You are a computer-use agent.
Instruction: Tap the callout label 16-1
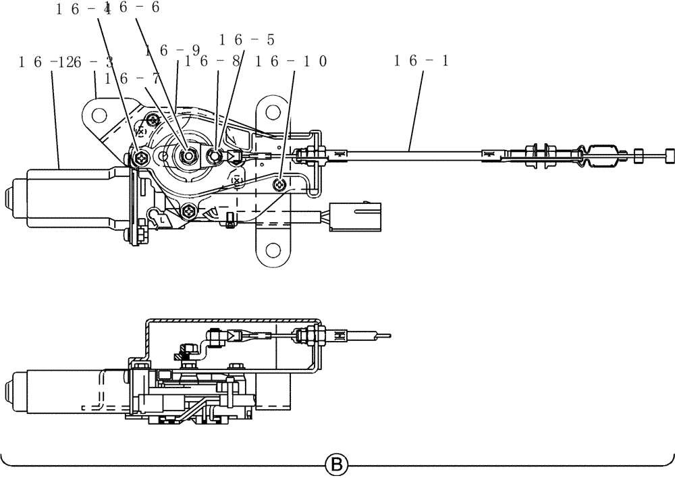(422, 61)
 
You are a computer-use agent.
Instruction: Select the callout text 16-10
(292, 61)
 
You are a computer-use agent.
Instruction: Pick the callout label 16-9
(172, 50)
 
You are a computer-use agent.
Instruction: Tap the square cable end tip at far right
(669, 156)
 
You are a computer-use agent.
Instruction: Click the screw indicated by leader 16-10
(281, 184)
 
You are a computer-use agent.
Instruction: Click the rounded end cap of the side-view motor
(9, 390)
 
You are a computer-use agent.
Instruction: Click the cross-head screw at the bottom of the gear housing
(188, 211)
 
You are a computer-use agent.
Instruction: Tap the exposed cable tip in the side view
(384, 334)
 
